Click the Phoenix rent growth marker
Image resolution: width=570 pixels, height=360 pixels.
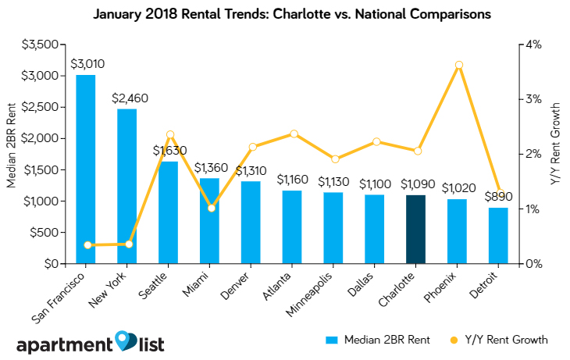(x=459, y=65)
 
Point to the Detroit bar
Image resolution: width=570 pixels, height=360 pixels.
(x=498, y=235)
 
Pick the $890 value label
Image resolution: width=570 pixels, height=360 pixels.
(x=498, y=197)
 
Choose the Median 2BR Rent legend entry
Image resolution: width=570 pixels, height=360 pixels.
(x=372, y=340)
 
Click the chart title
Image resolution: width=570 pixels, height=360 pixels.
(x=285, y=14)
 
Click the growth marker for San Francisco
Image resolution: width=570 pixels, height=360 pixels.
(x=87, y=245)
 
